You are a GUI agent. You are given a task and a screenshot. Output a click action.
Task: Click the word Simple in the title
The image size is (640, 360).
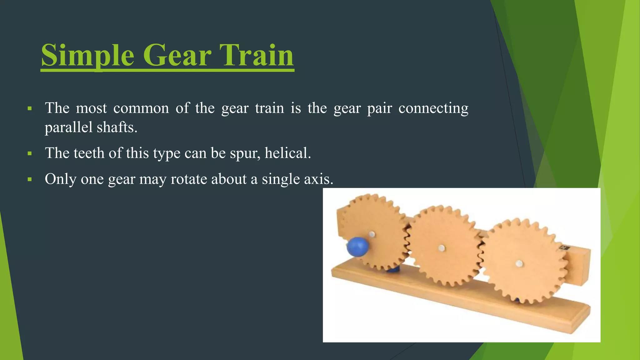click(x=87, y=56)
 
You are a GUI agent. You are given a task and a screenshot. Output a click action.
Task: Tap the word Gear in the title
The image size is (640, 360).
click(x=177, y=56)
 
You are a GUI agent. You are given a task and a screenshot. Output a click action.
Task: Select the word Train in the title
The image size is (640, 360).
click(x=256, y=56)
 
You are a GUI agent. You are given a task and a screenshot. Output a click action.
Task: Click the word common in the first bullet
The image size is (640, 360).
click(x=141, y=108)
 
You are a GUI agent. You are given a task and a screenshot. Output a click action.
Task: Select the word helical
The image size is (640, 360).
click(x=287, y=153)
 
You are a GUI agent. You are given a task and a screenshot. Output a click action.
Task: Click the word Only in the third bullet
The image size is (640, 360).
click(x=60, y=179)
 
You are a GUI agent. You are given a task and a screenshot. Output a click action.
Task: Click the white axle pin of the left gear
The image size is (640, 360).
click(x=372, y=234)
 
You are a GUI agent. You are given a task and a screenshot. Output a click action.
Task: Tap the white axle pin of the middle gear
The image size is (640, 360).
click(x=442, y=248)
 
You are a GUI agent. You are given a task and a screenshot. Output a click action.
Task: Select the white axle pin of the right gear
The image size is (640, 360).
click(x=519, y=264)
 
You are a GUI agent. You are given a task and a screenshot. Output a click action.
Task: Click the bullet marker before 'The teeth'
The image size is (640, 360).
click(x=30, y=153)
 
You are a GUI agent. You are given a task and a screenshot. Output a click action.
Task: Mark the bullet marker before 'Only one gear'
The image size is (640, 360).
click(x=30, y=179)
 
